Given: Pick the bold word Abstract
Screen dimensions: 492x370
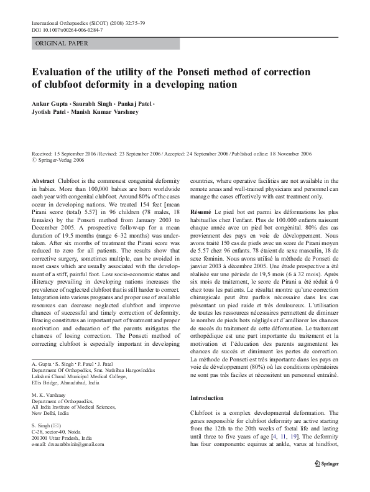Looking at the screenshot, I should click(x=42, y=180).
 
